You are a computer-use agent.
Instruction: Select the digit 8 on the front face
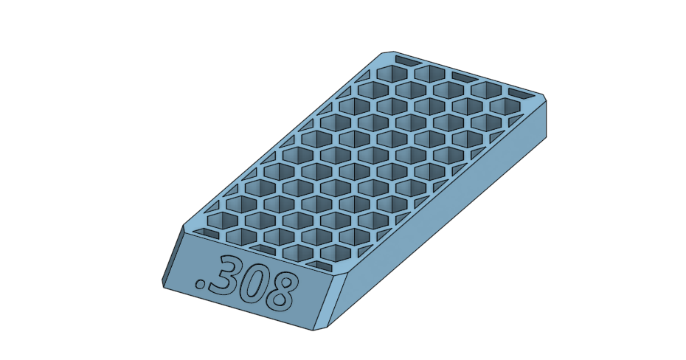(284, 293)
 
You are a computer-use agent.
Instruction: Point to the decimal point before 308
(199, 283)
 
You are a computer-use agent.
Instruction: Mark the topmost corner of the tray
(382, 53)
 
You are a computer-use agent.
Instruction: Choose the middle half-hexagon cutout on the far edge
(462, 76)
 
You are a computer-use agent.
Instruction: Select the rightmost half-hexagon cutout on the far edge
(519, 92)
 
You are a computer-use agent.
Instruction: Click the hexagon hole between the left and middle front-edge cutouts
(238, 236)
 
